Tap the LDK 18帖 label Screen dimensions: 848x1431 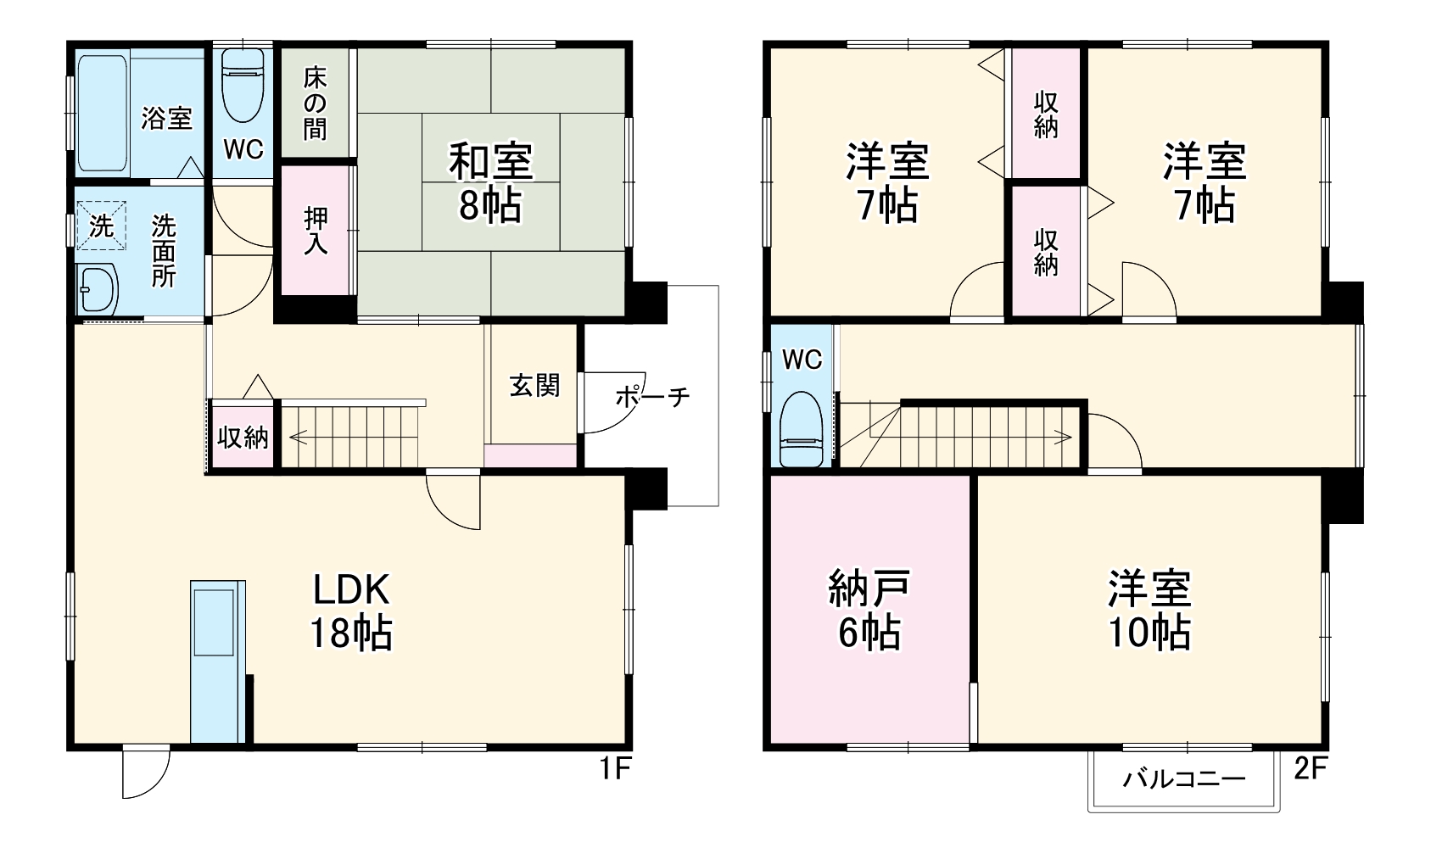[x=350, y=611]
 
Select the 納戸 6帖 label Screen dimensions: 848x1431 [x=869, y=611]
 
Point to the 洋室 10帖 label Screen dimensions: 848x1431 [x=1149, y=611]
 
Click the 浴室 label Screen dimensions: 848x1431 [x=166, y=118]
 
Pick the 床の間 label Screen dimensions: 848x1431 [x=315, y=104]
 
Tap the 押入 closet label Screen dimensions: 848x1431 [x=316, y=230]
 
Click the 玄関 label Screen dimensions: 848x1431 [x=534, y=386]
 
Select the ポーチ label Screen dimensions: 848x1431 [x=651, y=396]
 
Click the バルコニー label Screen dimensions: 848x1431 [x=1184, y=779]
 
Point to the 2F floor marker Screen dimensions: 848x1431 [x=1310, y=769]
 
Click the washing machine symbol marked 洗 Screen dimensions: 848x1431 [x=101, y=226]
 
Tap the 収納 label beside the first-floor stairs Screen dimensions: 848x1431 [x=243, y=438]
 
